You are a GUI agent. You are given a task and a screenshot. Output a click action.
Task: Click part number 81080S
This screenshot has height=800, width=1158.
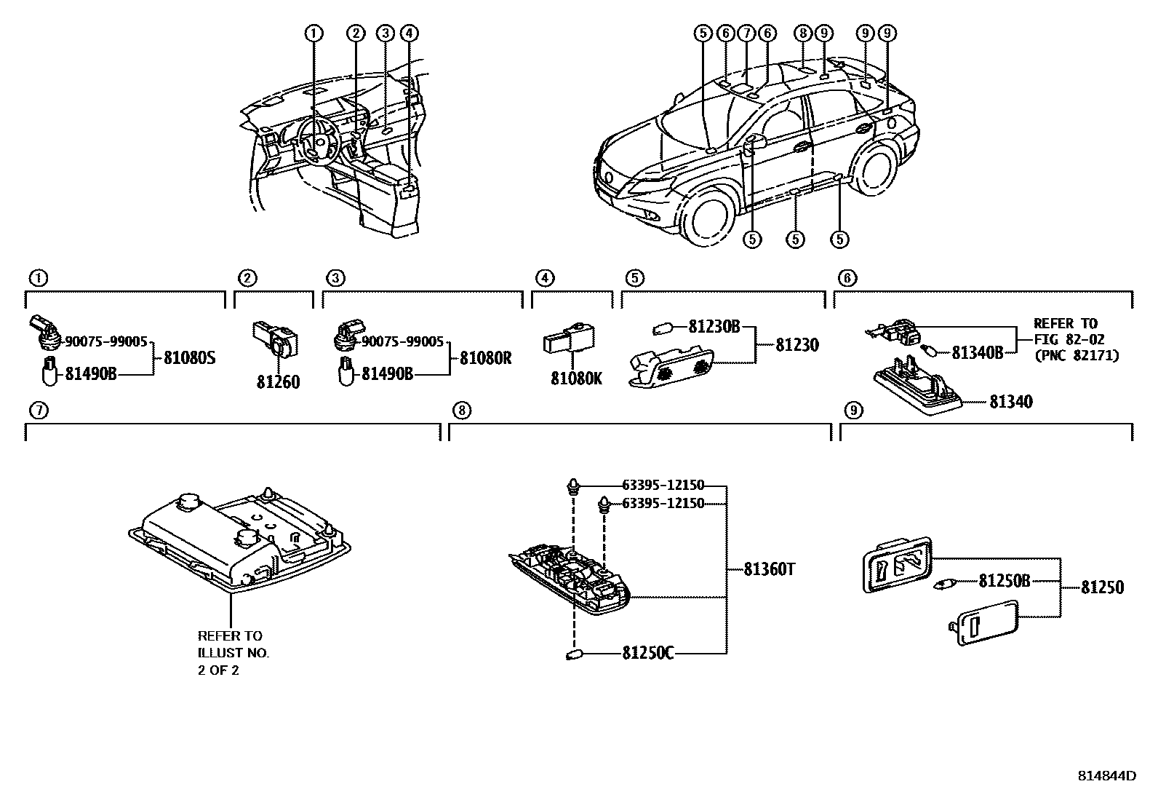(x=189, y=358)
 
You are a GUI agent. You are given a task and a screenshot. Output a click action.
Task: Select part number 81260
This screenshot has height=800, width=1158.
(x=277, y=382)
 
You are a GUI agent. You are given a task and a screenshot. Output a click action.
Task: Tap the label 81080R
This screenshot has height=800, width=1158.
(x=485, y=358)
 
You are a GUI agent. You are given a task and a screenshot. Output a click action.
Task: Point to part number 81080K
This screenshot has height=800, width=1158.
(x=576, y=379)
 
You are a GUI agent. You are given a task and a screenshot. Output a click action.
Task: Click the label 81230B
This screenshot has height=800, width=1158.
(x=714, y=328)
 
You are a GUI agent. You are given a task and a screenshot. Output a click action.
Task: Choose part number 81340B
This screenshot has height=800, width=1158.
(x=977, y=353)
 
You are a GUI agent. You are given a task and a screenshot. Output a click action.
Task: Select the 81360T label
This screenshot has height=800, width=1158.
(x=770, y=569)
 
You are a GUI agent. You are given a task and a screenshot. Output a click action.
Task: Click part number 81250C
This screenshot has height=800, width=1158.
(x=647, y=653)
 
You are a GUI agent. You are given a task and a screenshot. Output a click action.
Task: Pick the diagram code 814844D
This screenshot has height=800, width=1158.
(x=1106, y=776)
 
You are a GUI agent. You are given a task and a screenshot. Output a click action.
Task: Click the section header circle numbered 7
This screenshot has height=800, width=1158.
(x=38, y=411)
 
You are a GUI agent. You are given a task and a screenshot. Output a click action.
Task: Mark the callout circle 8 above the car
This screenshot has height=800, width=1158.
(x=802, y=33)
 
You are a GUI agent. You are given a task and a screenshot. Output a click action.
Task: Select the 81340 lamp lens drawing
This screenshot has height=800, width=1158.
(x=918, y=393)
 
